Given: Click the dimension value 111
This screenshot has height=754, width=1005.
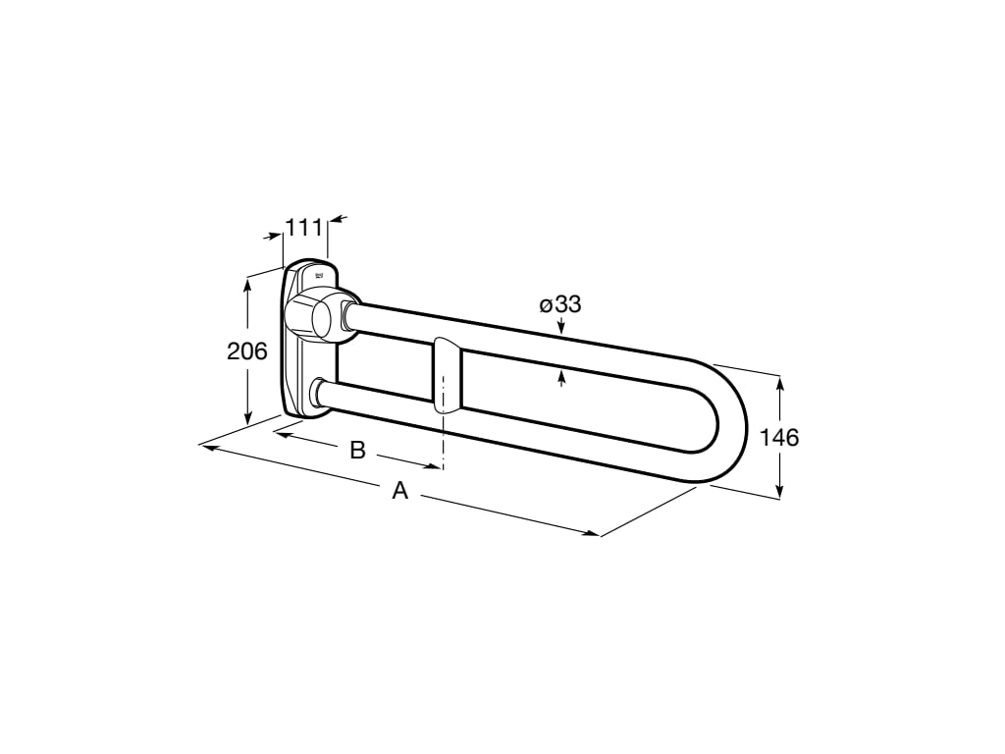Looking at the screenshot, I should (304, 228).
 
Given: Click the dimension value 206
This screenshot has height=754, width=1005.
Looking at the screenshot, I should (247, 350).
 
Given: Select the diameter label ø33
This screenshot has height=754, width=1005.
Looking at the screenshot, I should (560, 304).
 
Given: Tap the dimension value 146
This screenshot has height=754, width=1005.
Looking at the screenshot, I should (779, 437).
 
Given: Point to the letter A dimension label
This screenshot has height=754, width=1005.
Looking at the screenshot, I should (399, 491).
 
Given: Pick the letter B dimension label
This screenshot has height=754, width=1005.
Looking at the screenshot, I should (358, 450).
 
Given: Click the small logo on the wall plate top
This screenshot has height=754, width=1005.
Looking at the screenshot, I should (319, 276).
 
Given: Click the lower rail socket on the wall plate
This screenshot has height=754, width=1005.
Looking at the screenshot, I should (320, 392).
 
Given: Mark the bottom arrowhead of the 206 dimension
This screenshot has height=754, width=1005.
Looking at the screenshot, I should (248, 416).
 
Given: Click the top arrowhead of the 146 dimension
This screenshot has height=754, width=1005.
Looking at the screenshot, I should (780, 383).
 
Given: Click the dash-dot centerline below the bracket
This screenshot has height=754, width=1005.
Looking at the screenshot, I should (445, 442).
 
